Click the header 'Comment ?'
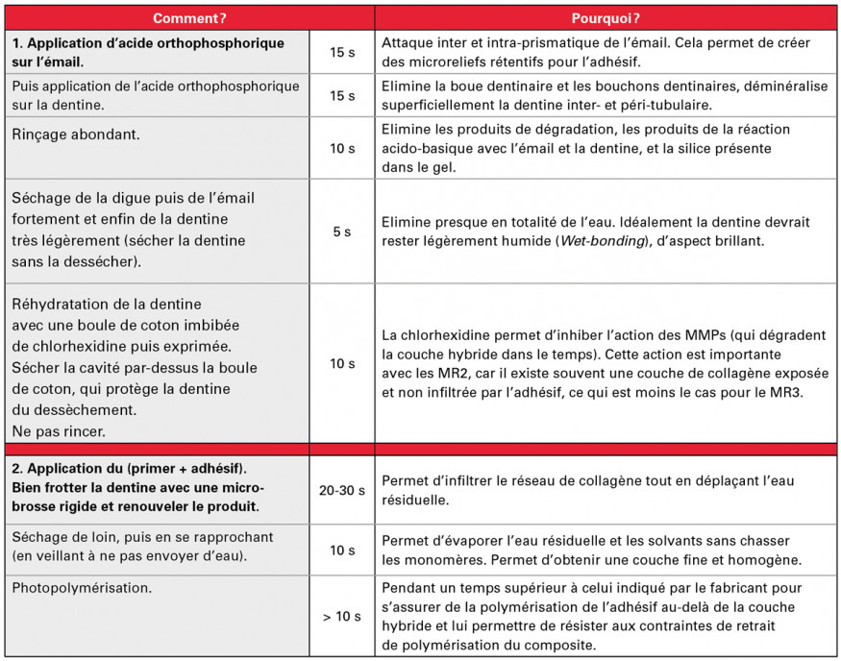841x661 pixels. tap(189, 18)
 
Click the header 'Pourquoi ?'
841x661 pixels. tap(606, 18)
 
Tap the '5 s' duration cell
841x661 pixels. tap(342, 232)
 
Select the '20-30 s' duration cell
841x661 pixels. tap(342, 490)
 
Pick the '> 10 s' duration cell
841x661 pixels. tap(342, 616)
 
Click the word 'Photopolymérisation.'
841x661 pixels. tap(77, 585)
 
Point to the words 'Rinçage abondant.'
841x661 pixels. tap(76, 135)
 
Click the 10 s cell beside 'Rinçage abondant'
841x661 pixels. tap(342, 148)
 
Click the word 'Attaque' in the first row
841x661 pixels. tap(408, 43)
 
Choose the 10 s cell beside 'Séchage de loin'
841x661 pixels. tap(342, 551)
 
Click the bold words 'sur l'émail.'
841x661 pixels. tap(47, 61)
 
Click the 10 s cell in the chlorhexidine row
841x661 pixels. tap(342, 363)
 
